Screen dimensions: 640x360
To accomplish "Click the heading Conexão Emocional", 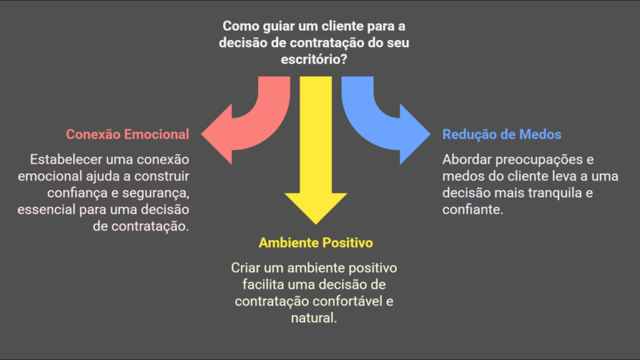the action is (x=127, y=134).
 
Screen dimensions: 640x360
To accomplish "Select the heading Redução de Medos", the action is (x=502, y=134).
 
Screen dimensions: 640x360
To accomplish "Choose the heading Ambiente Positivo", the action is (x=316, y=243).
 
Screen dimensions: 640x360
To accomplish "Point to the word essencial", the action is (x=46, y=210).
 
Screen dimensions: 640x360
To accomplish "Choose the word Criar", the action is (x=246, y=268).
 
